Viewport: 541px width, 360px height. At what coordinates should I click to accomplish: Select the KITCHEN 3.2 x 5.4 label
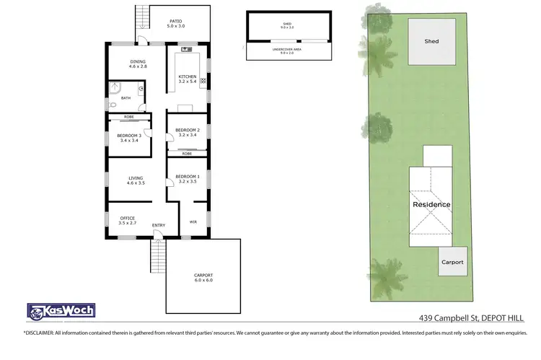[187, 79]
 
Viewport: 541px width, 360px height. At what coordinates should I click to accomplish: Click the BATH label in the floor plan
[126, 98]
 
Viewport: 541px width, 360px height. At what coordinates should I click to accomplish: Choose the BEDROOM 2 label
[187, 133]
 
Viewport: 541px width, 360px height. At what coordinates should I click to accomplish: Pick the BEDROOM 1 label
[187, 179]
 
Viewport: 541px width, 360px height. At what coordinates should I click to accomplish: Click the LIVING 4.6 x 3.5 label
[136, 180]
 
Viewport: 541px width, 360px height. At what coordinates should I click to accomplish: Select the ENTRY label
[159, 225]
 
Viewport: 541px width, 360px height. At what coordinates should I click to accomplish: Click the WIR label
[193, 222]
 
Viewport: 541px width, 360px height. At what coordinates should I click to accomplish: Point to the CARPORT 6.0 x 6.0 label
[204, 278]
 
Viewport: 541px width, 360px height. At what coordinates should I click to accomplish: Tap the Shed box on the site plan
[431, 40]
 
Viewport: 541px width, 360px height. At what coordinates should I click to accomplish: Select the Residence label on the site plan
[431, 204]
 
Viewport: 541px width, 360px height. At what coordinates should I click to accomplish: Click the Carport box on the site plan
[452, 262]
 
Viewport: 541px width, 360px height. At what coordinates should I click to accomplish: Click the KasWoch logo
[61, 312]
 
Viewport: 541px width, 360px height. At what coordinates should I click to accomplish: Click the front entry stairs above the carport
[157, 253]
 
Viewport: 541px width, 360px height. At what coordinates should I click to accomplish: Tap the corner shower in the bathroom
[115, 87]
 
